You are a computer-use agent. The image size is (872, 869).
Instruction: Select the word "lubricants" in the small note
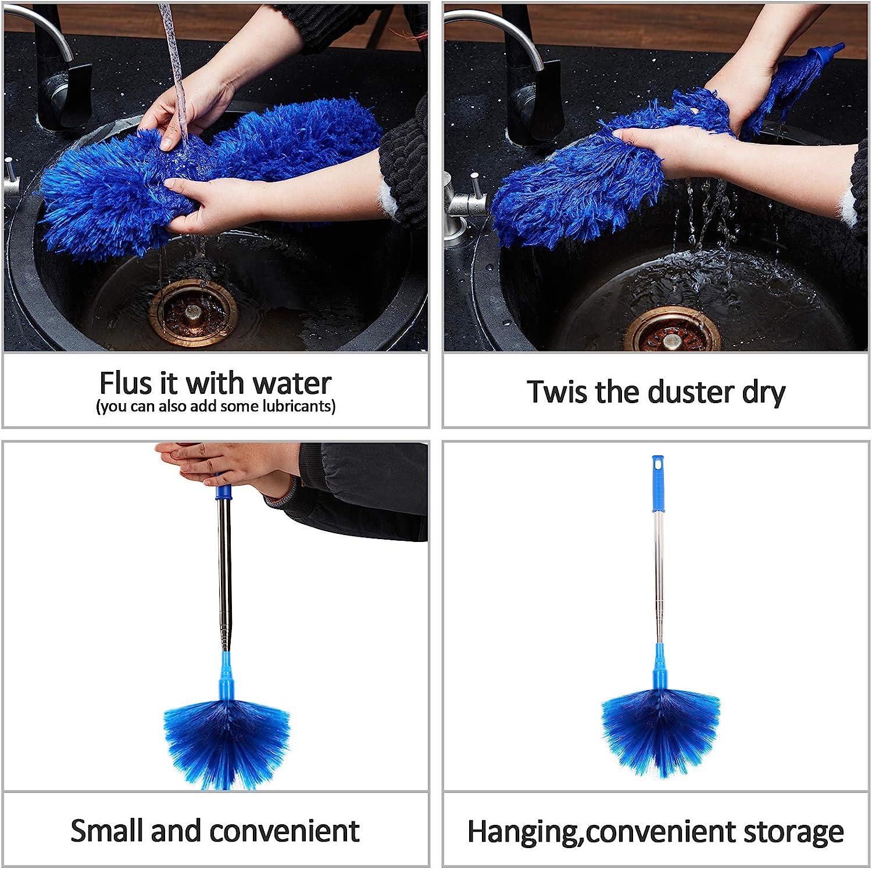pos(299,406)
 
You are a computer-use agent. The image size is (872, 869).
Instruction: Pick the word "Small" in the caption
pos(107,831)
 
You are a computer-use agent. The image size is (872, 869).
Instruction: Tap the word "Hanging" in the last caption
pos(524,832)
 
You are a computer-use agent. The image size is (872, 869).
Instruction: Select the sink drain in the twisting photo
pos(671,328)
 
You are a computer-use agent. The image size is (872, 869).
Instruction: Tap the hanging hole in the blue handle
pos(656,465)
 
